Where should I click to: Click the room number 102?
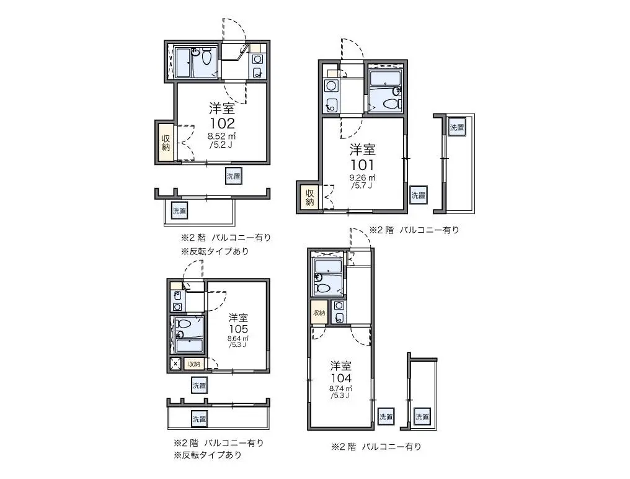(221, 123)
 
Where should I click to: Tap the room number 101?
(362, 165)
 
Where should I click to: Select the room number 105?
(238, 329)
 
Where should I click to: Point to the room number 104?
(340, 378)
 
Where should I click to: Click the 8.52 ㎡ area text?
(221, 136)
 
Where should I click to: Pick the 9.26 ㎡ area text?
(362, 178)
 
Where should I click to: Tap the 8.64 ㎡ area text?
(238, 338)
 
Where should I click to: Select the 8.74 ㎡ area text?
(340, 388)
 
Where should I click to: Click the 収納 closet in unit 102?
(166, 142)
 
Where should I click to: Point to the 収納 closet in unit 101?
(309, 197)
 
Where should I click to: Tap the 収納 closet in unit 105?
(194, 364)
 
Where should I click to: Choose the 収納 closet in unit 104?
(319, 313)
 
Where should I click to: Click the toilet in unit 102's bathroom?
(206, 58)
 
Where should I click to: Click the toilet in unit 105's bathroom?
(184, 323)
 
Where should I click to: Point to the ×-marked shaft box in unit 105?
(175, 364)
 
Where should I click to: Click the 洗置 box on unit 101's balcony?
(457, 127)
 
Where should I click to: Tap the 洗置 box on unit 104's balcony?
(422, 417)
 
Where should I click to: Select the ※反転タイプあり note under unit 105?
(208, 455)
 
